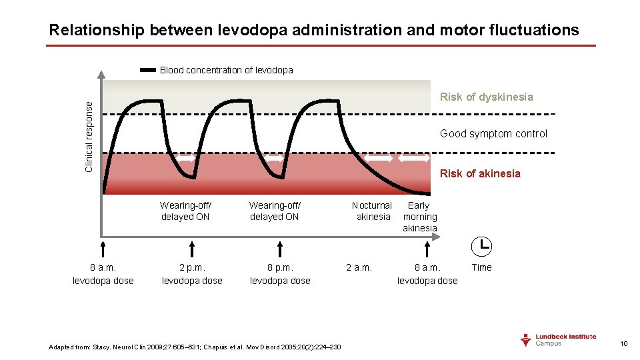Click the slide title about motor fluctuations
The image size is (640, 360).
tap(314, 30)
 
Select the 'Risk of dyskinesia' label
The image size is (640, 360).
tap(486, 97)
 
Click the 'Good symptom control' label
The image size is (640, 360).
tap(493, 133)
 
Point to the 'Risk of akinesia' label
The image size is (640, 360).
tap(480, 173)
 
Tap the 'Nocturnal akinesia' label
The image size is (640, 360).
tap(372, 211)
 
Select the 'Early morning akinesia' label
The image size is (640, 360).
tap(419, 217)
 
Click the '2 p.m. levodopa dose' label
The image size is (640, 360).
tap(192, 274)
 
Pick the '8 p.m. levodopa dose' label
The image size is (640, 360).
tap(280, 274)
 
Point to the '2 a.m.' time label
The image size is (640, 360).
tap(359, 267)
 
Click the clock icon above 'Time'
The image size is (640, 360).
tap(481, 246)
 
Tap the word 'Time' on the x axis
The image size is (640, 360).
tap(481, 267)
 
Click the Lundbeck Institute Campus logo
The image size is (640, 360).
tap(558, 340)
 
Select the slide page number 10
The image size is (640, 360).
tap(624, 343)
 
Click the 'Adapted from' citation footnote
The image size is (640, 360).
tap(195, 347)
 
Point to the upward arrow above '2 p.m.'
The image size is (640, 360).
tap(192, 249)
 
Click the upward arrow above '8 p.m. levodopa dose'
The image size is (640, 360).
tap(280, 249)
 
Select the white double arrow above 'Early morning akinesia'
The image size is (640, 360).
tap(415, 159)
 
